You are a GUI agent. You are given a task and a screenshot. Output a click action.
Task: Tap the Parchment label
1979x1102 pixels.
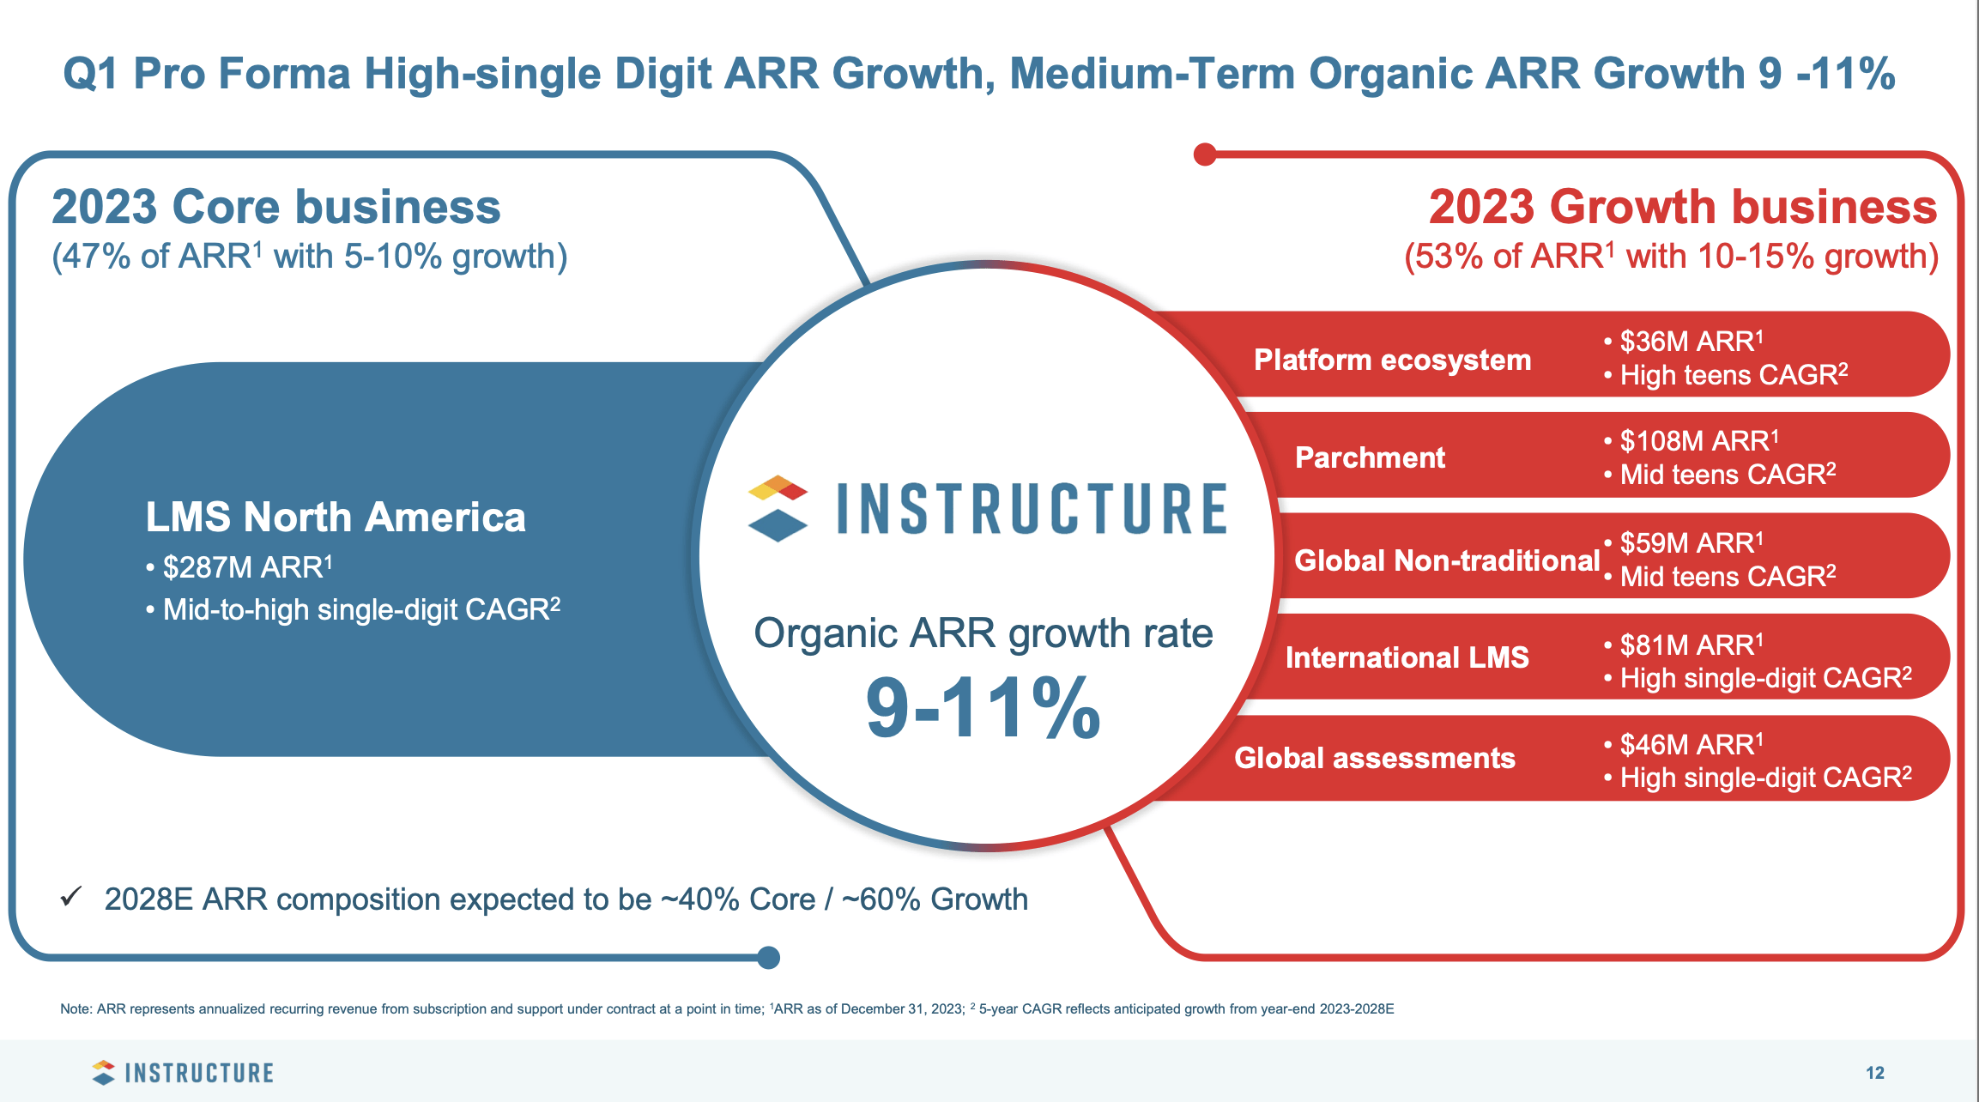(1370, 457)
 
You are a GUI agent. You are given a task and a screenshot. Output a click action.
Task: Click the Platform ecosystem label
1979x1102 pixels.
(1392, 360)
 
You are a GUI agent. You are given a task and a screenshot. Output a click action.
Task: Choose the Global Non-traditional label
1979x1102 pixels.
(1447, 560)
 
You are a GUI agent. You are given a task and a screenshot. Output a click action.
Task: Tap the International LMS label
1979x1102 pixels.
(1407, 657)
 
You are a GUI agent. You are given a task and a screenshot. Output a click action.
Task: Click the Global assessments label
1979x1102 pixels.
(1374, 758)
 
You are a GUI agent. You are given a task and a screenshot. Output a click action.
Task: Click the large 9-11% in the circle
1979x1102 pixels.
(983, 709)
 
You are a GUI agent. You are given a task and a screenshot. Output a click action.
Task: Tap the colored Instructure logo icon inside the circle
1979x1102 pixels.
(778, 508)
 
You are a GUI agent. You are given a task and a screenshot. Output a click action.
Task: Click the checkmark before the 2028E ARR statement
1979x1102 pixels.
(71, 898)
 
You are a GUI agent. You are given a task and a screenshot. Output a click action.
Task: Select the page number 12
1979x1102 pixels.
(1874, 1073)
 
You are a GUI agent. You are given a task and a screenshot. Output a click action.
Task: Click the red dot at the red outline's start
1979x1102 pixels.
(1205, 154)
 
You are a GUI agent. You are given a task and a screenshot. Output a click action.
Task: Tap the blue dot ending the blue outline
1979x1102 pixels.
(769, 957)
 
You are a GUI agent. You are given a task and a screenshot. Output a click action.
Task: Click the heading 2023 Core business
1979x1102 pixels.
(275, 207)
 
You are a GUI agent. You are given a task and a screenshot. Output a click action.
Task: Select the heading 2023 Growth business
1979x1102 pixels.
(1682, 207)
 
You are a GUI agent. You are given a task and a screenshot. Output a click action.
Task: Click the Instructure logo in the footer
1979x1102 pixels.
(183, 1073)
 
